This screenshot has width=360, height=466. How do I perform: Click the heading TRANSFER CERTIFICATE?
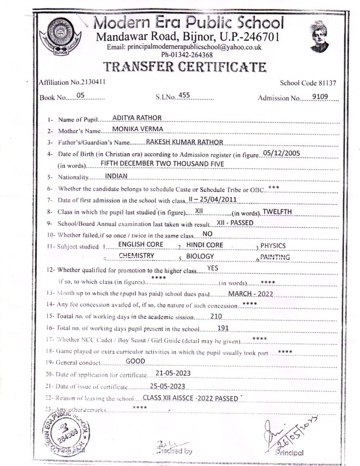click(x=185, y=67)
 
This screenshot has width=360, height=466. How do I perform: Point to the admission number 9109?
click(x=320, y=97)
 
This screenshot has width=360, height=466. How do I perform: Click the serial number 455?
click(x=184, y=95)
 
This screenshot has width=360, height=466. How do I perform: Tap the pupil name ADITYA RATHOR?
click(x=137, y=117)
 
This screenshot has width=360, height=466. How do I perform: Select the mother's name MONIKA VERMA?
click(x=138, y=129)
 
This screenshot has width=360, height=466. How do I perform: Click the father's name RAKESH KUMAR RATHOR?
click(x=184, y=142)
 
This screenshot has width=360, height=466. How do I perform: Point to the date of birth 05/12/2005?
click(x=282, y=153)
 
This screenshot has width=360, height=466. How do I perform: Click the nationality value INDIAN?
click(x=116, y=175)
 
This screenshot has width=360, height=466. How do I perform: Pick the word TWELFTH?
click(x=277, y=211)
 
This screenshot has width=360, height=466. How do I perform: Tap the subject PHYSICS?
click(x=273, y=245)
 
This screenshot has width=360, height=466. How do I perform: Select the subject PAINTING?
click(x=275, y=257)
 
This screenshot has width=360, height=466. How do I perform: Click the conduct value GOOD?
click(x=136, y=361)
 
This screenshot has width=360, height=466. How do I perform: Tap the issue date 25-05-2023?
click(x=167, y=386)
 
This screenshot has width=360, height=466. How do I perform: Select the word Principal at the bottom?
click(x=289, y=452)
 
